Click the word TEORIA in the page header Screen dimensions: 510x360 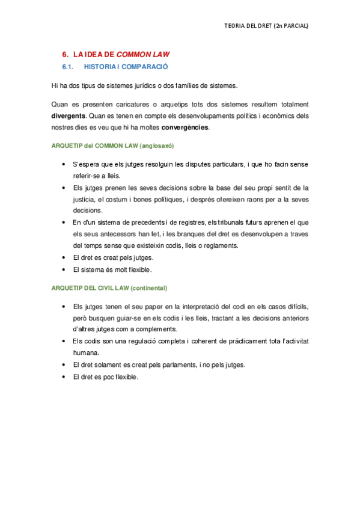pyautogui.click(x=234, y=26)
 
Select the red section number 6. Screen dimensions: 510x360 pyautogui.click(x=66, y=54)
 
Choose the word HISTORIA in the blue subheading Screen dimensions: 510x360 pyautogui.click(x=100, y=67)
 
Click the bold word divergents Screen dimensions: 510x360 pyautogui.click(x=68, y=115)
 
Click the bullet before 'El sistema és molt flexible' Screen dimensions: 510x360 pyautogui.click(x=64, y=269)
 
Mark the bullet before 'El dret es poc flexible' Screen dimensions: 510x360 pyautogui.click(x=64, y=377)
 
